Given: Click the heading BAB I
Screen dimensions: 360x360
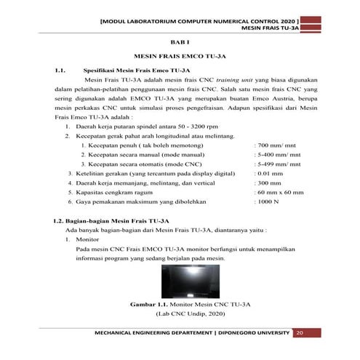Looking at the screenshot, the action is pos(179,44).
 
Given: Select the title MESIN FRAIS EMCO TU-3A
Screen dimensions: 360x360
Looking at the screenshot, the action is pos(179,57).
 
